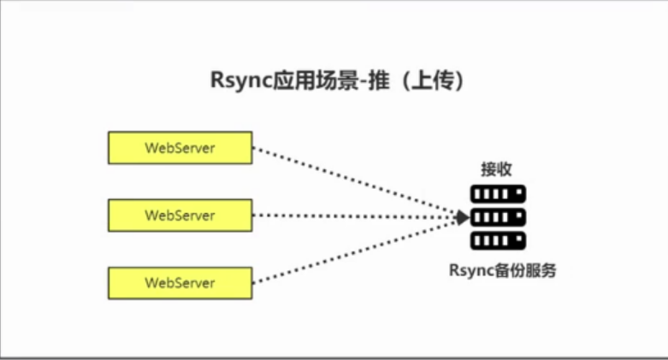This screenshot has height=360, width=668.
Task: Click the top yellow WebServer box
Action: coord(180,147)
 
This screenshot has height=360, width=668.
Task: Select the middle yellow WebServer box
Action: coord(180,215)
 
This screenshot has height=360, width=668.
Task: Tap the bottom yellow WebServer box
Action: coord(180,282)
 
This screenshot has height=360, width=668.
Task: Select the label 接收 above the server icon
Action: coord(496,169)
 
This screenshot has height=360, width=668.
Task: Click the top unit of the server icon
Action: coord(497,194)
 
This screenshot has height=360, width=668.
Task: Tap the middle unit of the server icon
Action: coord(497,216)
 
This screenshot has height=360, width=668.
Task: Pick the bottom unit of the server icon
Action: coord(497,239)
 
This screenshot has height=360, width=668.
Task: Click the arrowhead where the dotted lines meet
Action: coord(462,215)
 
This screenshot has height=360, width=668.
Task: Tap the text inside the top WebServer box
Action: coord(180,147)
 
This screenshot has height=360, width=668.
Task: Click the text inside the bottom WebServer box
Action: coord(180,282)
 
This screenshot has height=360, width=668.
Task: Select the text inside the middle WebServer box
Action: coord(180,215)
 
